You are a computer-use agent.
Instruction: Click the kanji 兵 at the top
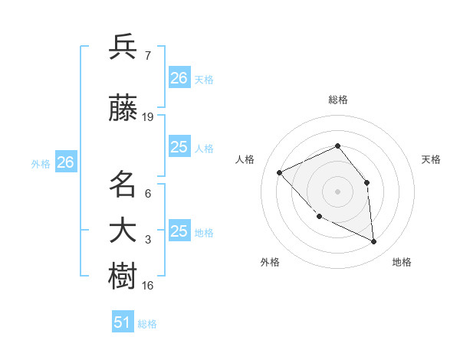pos(123,47)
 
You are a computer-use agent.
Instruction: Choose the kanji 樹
pos(123,277)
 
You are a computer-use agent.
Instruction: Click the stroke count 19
pos(148,117)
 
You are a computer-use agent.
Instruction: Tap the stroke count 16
pos(148,286)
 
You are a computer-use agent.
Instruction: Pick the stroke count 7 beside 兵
pos(147,56)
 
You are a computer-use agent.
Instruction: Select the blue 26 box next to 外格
pos(65,162)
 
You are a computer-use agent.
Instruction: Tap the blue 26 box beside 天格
pos(179,77)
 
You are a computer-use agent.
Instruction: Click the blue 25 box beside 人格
pos(179,147)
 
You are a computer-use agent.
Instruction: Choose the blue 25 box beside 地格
pos(179,231)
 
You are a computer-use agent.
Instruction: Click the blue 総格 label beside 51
pos(147,324)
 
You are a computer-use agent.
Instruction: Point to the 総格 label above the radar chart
pos(337,100)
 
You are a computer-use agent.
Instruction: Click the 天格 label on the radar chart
pos(431,159)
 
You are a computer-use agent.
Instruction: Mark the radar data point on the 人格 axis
pos(280,173)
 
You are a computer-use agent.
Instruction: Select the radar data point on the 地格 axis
pos(373,241)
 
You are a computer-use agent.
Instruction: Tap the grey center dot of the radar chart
pos(337,191)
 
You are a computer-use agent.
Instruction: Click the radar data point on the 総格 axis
pos(337,146)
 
